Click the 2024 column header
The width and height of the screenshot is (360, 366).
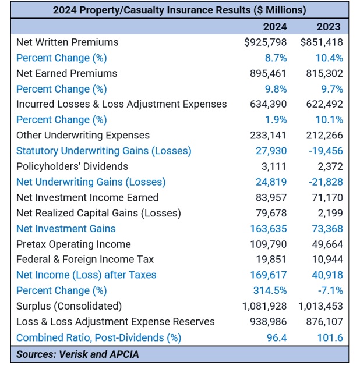(275, 27)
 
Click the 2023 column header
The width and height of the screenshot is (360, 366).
(329, 27)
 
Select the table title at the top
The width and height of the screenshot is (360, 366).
(179, 10)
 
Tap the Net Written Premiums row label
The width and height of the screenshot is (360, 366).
(67, 42)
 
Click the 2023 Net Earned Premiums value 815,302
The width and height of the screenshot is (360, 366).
(324, 73)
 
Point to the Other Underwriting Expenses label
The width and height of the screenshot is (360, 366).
(83, 136)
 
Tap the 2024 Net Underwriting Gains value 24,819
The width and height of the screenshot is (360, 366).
(271, 182)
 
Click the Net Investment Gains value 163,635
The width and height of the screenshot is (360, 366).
(269, 229)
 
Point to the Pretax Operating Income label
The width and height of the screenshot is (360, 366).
(73, 244)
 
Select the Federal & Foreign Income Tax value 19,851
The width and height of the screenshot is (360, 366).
(271, 260)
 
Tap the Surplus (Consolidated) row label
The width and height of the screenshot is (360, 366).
(69, 306)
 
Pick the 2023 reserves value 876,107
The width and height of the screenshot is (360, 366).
(324, 322)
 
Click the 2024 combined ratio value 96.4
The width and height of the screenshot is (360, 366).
(276, 337)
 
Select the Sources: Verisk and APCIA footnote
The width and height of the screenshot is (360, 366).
(77, 354)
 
